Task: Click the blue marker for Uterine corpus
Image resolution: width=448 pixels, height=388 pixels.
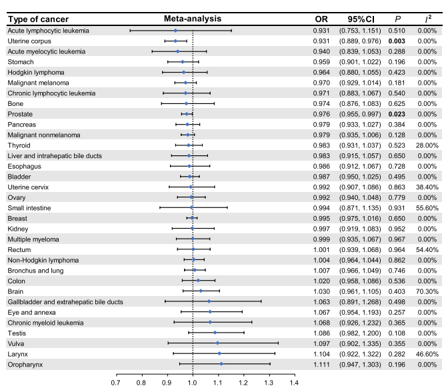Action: (175, 41)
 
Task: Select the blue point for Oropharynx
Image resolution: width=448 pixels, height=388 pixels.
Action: (221, 364)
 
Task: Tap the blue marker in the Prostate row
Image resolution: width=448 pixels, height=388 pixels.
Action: (187, 114)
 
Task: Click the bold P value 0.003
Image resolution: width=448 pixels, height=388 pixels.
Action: (397, 41)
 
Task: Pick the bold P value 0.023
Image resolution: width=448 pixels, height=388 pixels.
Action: (397, 114)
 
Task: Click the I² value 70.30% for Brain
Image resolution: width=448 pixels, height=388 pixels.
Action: (427, 291)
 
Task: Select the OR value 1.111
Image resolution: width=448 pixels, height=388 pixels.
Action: (321, 365)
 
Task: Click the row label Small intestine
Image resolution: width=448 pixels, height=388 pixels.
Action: (29, 208)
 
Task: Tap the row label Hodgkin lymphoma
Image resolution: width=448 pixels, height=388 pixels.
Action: (36, 72)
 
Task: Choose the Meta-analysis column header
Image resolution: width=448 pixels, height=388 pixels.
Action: (193, 19)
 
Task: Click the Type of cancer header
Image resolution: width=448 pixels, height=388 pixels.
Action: (38, 19)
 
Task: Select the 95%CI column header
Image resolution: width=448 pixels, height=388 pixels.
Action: (361, 19)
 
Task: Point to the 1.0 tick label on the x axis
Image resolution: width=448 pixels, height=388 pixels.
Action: (193, 383)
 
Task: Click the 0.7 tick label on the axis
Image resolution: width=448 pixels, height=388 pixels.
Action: (116, 383)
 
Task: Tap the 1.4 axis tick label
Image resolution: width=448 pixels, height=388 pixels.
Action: (294, 383)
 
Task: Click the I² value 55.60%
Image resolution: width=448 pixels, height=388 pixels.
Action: (427, 208)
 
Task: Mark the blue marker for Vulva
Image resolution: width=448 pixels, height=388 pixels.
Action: (217, 343)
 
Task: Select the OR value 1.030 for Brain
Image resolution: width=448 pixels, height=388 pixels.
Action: (321, 291)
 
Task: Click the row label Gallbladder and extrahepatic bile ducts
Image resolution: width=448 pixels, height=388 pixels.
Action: (65, 302)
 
